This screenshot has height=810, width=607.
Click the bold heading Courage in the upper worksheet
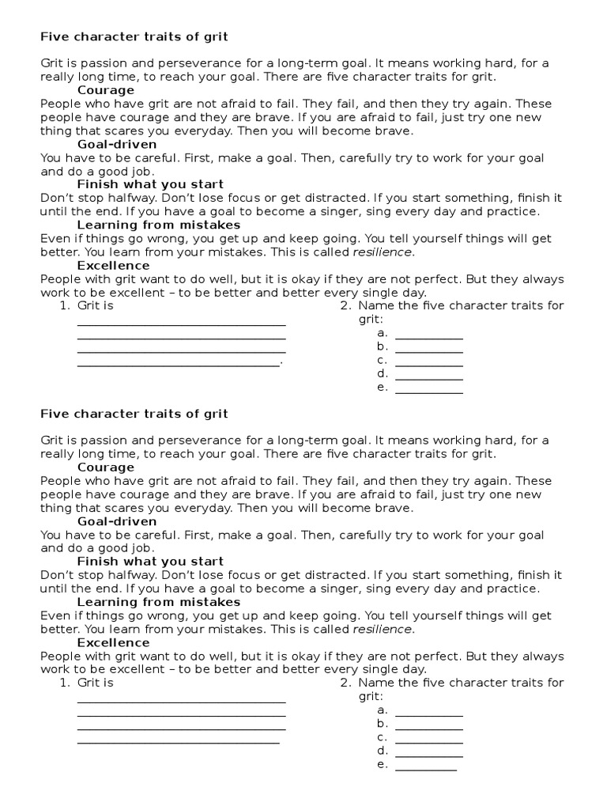pos(106,90)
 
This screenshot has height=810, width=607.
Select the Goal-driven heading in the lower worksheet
pos(117,521)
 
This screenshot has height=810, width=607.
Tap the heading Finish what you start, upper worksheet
pos(150,184)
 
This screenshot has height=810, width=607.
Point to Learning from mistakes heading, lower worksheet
pos(158,602)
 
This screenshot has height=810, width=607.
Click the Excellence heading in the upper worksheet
pos(113,265)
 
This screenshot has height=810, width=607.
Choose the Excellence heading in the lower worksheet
pos(113,642)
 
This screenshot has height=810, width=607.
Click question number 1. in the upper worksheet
pos(65,305)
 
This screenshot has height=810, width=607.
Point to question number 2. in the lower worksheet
pos(345,683)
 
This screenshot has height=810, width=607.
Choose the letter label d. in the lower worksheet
pos(383,750)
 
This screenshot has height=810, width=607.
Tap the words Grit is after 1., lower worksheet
pos(95,683)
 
